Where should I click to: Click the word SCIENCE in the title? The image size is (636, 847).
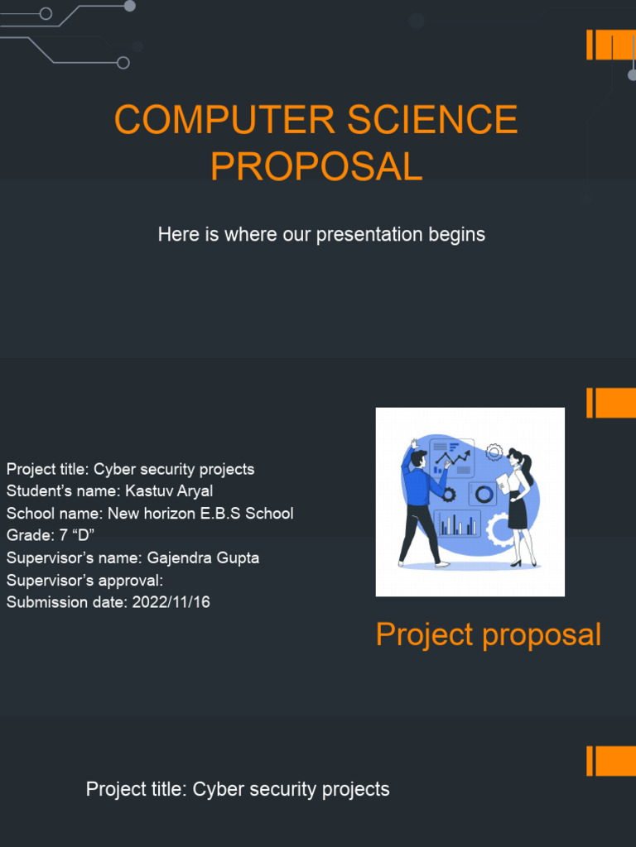pos(432,120)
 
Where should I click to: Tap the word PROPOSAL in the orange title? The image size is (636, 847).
pos(316,167)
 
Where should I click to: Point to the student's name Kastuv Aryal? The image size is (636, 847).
pos(169,491)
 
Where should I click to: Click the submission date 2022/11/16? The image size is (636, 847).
pos(171,602)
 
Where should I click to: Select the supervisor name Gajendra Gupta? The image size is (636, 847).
pos(203,557)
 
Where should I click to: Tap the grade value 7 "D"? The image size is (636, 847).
pos(75,535)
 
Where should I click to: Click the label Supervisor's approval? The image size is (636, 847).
pos(84,580)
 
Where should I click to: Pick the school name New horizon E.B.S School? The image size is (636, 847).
pos(200,513)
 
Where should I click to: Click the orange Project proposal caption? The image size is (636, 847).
pos(488,634)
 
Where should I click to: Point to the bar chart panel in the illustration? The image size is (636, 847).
pos(458,524)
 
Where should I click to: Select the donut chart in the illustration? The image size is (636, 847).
pos(484,494)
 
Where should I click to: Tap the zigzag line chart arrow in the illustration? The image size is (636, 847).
pos(453,457)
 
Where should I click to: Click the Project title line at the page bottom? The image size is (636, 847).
pos(238,789)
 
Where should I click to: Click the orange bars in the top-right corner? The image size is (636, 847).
pos(611,45)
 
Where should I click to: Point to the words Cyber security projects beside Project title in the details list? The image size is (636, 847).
pos(174,469)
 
